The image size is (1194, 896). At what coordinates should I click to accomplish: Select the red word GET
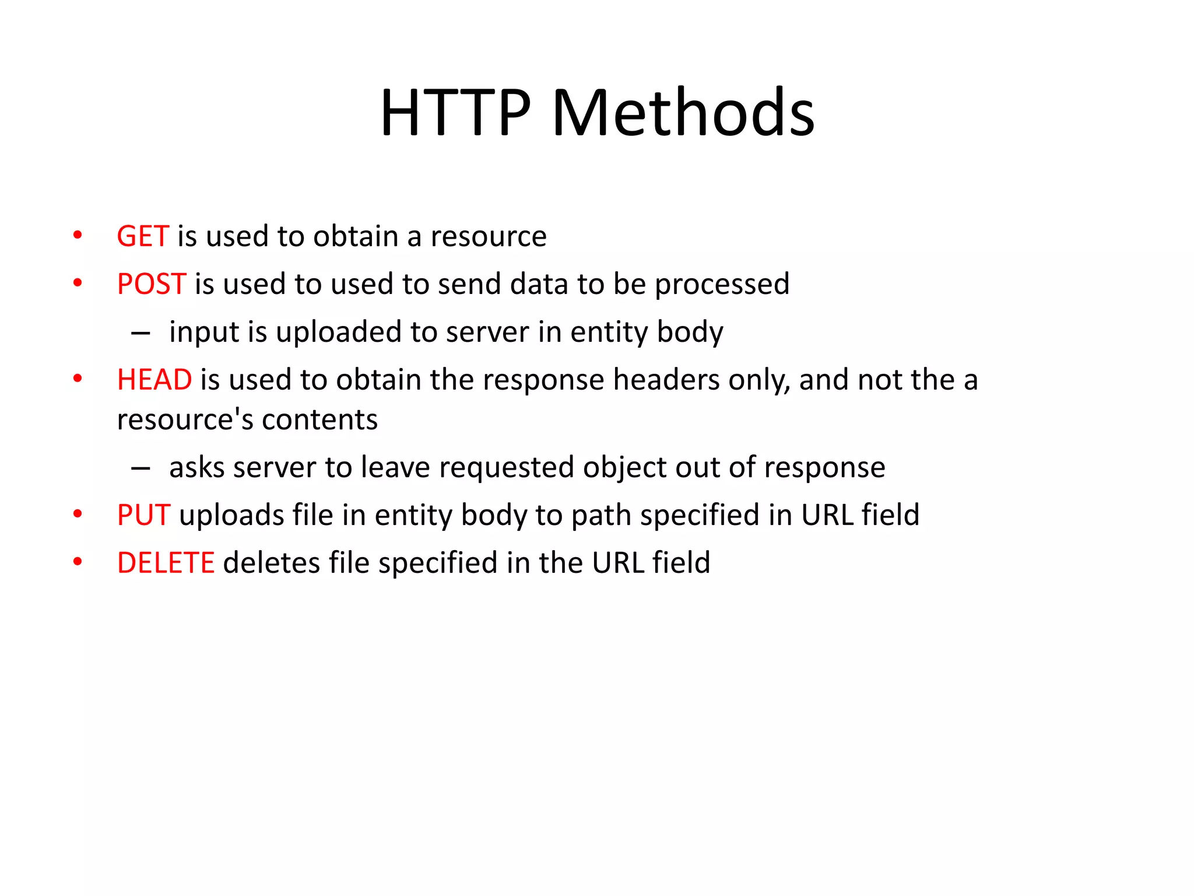pos(143,236)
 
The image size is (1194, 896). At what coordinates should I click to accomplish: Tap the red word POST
pos(152,284)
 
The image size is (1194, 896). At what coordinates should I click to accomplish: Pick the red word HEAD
pos(154,380)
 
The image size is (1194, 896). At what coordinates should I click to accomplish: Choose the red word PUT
pos(143,515)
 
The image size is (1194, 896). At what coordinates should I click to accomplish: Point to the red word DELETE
pos(166,563)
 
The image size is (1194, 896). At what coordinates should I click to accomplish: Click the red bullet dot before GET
pos(78,236)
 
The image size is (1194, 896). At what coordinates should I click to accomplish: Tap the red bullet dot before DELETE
pos(78,562)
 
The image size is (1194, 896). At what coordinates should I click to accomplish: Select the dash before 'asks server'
pos(141,468)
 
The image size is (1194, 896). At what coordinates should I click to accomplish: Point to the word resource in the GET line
pos(489,237)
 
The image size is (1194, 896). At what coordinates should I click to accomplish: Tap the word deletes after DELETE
pos(271,563)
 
